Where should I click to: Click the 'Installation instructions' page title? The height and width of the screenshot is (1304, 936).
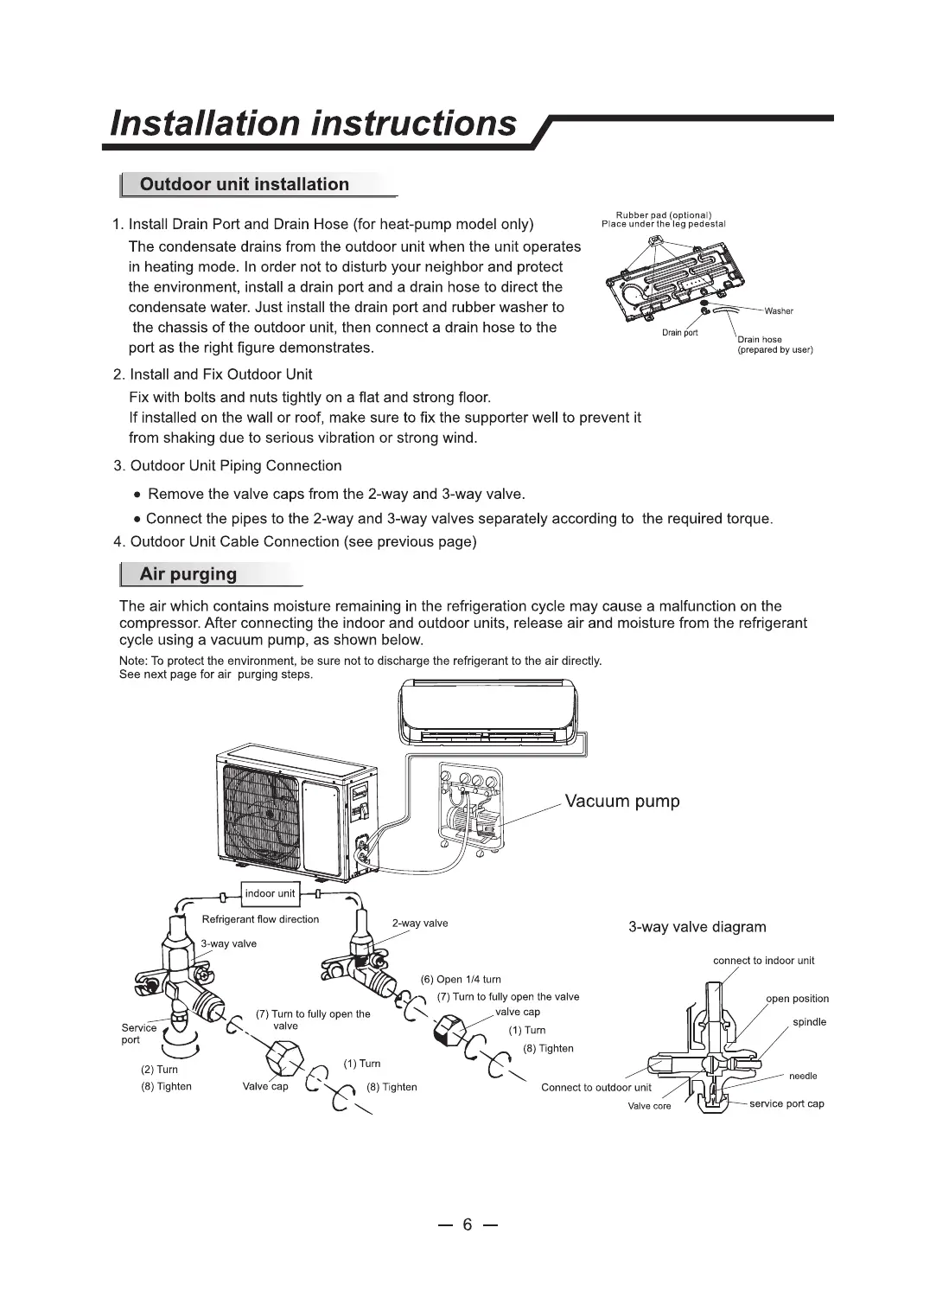coord(314,123)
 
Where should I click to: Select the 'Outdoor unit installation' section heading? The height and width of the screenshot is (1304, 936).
coord(244,184)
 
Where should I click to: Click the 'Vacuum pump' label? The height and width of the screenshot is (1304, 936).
coord(622,801)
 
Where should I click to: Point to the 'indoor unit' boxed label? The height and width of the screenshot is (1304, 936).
coord(270,893)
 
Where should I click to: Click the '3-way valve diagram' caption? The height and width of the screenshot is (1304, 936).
coord(697,927)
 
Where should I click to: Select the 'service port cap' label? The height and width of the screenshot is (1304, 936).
coord(786,1103)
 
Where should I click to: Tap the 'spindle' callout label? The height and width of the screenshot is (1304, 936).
coord(809,1022)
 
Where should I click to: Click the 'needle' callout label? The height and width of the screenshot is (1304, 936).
coord(803,1076)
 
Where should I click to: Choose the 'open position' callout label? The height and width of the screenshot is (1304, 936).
coord(797,999)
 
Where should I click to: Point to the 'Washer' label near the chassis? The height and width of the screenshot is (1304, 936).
coord(779,311)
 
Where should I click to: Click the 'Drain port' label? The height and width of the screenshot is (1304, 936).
coord(679,333)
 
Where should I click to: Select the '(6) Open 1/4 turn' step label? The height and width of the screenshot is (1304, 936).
coord(461,980)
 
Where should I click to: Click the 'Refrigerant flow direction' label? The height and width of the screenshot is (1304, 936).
coord(260,919)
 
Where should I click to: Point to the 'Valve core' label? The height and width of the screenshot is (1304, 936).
coord(649,1106)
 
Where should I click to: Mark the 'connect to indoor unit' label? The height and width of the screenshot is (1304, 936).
coord(763,961)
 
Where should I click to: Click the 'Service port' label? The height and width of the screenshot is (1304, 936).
coord(138,1033)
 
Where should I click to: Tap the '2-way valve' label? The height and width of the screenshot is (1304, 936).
coord(419,924)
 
